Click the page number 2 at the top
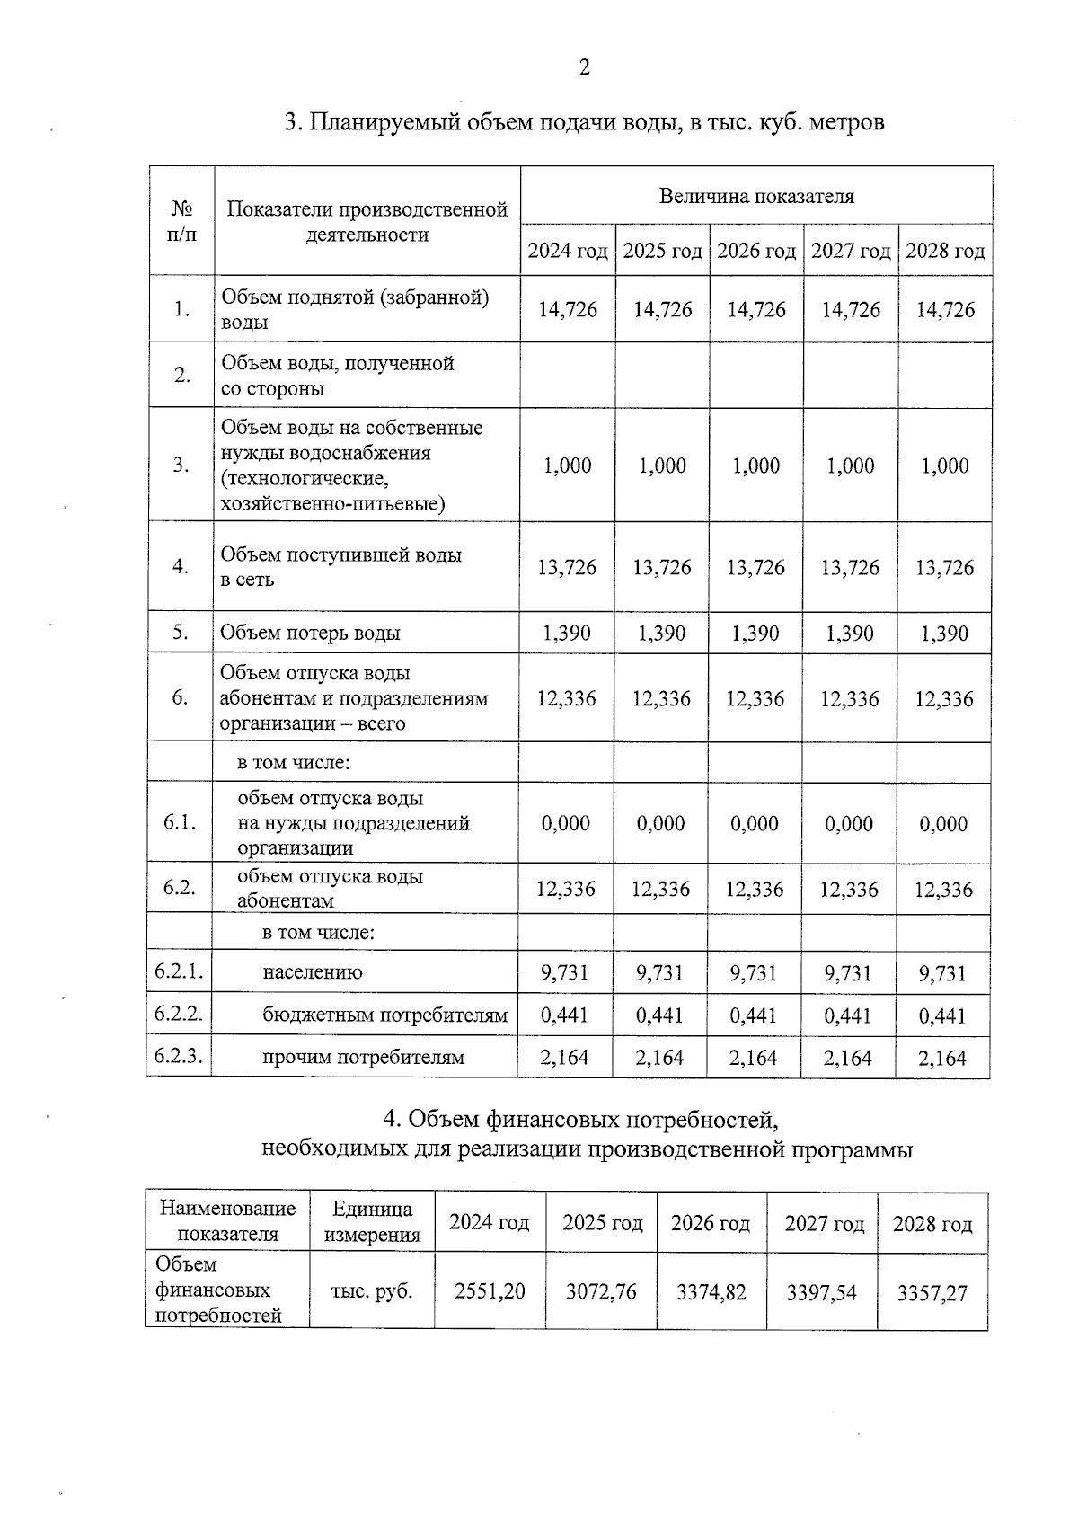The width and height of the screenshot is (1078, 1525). tap(584, 68)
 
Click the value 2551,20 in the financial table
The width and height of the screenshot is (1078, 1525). tap(490, 1291)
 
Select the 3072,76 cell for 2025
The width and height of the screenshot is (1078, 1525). tap(601, 1291)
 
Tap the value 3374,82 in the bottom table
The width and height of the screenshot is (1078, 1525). tap(711, 1292)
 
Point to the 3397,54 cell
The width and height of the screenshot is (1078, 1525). tap(821, 1293)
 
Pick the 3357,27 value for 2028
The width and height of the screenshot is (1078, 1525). tap(932, 1293)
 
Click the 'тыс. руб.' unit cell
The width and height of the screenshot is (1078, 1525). tap(372, 1291)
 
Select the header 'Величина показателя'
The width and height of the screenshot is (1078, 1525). tap(756, 196)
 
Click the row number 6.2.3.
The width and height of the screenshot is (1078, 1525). tap(178, 1056)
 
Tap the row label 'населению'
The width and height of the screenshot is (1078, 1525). tap(313, 972)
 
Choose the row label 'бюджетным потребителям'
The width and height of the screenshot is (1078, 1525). tap(384, 1015)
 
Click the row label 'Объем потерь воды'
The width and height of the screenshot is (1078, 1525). tap(311, 633)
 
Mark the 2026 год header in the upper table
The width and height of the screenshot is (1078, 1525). tap(756, 251)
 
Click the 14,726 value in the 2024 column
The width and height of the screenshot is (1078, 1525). tap(568, 310)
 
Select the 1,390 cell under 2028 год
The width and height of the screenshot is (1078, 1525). tap(944, 634)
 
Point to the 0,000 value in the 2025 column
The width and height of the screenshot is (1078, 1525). tap(660, 824)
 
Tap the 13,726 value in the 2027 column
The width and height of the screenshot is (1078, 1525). tap(850, 568)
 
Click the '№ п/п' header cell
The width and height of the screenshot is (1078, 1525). tap(182, 221)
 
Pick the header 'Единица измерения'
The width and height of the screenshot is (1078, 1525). tap(372, 1221)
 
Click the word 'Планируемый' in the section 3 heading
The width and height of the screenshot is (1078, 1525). tap(385, 121)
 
